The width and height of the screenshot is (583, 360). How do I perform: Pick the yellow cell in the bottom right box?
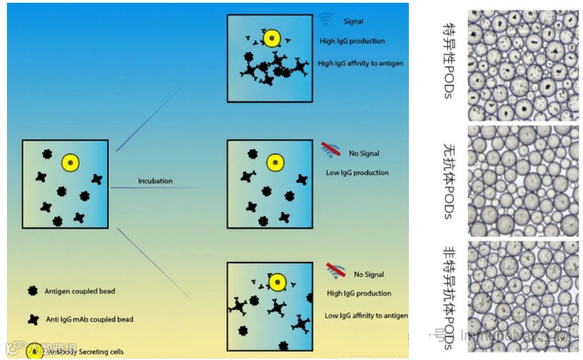pyautogui.click(x=277, y=282)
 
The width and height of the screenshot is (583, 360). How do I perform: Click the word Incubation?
pyautogui.click(x=155, y=181)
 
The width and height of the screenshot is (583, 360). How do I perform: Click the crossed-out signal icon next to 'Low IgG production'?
pyautogui.click(x=332, y=148)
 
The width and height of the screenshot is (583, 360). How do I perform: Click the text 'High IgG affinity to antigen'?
pyautogui.click(x=360, y=63)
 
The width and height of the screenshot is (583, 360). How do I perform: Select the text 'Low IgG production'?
pyautogui.click(x=357, y=173)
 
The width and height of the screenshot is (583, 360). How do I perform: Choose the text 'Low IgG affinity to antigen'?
pyautogui.click(x=366, y=315)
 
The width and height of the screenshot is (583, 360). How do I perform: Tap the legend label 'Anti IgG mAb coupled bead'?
pyautogui.click(x=88, y=320)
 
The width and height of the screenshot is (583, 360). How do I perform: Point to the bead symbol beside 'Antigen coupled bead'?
pyautogui.click(x=32, y=290)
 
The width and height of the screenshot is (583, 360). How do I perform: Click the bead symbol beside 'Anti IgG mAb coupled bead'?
pyautogui.click(x=32, y=320)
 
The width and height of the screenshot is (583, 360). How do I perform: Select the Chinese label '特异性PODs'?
pyautogui.click(x=449, y=60)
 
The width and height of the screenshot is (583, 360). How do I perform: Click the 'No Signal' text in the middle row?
pyautogui.click(x=364, y=153)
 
